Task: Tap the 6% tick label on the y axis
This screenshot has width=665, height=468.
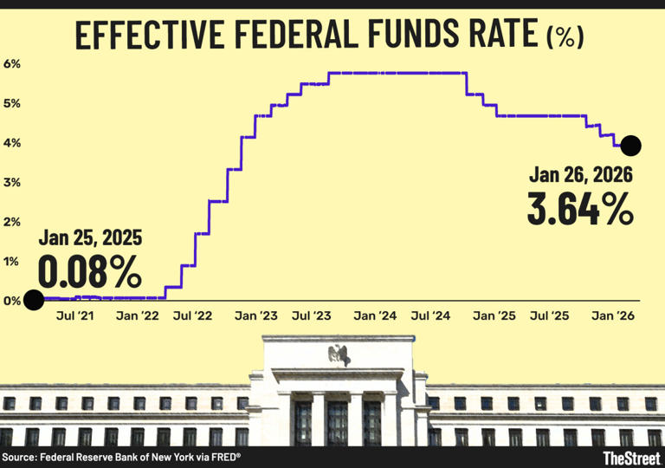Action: [12, 64]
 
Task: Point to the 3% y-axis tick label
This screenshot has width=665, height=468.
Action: [12, 183]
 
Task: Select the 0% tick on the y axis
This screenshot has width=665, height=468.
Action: [12, 301]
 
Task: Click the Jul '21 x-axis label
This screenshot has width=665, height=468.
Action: [75, 317]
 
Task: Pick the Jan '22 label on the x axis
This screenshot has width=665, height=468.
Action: [138, 317]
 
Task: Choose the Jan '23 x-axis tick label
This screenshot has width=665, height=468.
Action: [256, 317]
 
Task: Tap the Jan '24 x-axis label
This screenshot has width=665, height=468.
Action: [375, 317]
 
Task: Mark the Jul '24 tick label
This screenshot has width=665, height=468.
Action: [434, 317]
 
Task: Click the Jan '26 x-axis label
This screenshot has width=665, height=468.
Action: [613, 317]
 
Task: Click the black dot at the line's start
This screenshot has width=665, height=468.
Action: [34, 300]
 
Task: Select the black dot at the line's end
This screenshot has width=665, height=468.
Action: [630, 145]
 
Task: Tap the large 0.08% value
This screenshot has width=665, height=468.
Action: [88, 271]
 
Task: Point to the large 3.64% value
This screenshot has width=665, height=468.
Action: [579, 209]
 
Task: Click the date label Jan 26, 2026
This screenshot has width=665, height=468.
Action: [580, 176]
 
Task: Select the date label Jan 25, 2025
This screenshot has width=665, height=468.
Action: [89, 239]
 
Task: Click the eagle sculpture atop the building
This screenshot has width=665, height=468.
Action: [336, 354]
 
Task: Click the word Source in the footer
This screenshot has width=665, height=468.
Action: [20, 457]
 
